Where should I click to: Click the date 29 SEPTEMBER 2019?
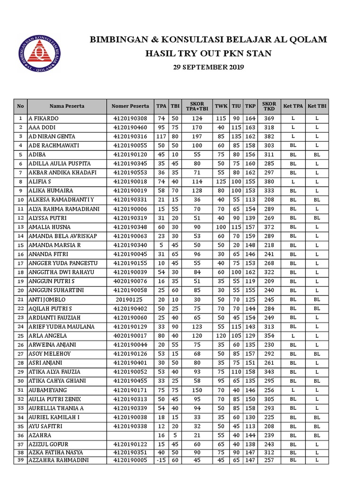coord(208,67)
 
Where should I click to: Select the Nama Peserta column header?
coord(67,106)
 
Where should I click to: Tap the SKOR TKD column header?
coord(269,106)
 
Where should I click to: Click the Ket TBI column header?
coord(317,106)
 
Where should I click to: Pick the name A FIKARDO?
coord(43,118)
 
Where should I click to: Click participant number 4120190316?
coord(130,136)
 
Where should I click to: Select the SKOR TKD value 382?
coord(269,136)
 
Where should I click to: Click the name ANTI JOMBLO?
coord(47,300)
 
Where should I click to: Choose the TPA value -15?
coord(162,460)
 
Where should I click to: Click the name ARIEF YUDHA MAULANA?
coord(61,327)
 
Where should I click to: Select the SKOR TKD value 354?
coord(269,336)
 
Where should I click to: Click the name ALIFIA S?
coord(40,181)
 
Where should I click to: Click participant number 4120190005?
coord(130,460)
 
